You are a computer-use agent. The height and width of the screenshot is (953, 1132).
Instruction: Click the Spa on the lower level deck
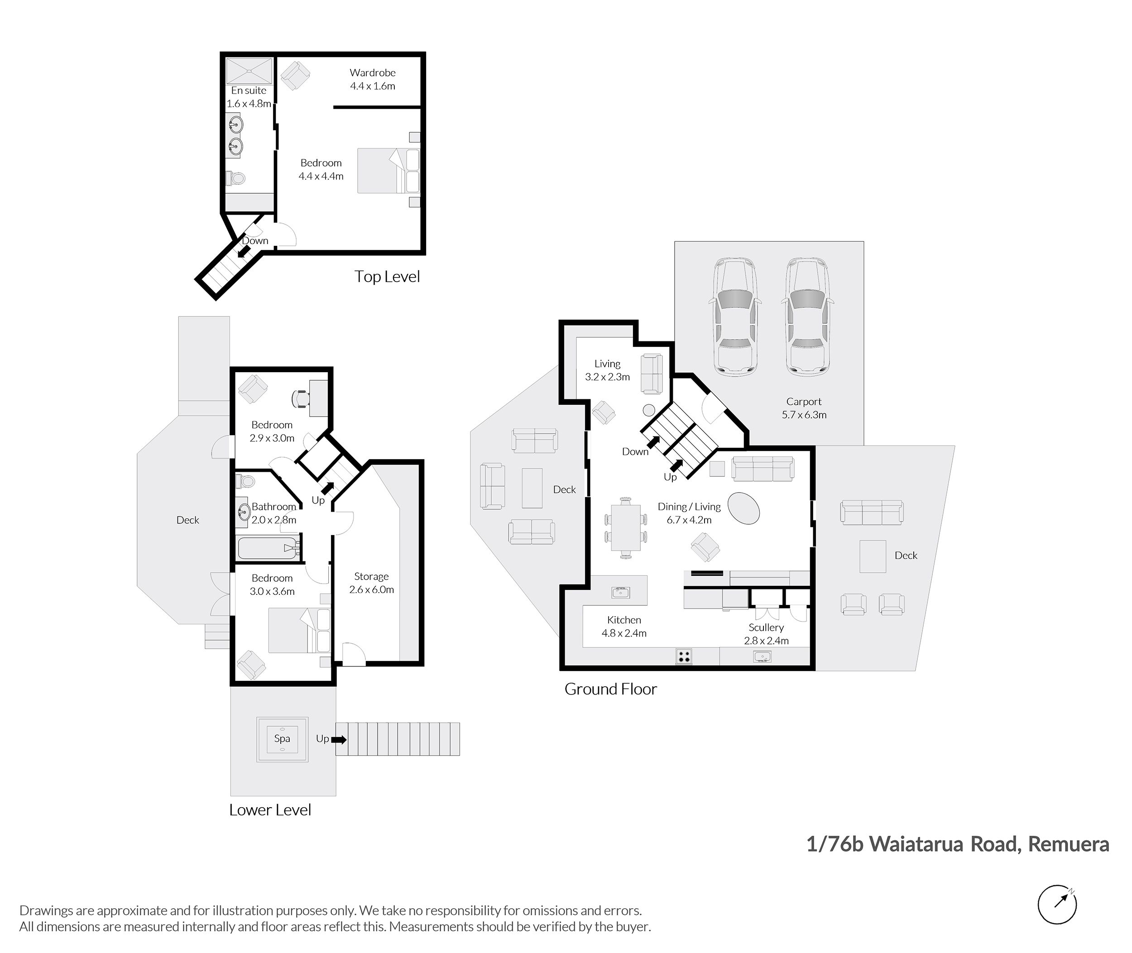[282, 739]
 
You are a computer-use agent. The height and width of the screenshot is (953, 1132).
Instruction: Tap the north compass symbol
[1057, 905]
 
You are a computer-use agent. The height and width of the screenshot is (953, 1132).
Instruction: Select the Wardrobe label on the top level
[372, 72]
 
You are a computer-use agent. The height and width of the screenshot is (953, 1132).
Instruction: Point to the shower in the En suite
[249, 71]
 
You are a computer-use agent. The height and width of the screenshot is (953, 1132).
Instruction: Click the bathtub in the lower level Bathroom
[268, 548]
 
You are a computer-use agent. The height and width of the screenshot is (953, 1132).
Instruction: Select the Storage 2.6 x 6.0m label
[371, 583]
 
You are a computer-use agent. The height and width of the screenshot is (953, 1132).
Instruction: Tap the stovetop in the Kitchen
[684, 656]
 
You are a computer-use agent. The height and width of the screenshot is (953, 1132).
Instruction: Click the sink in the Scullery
[763, 657]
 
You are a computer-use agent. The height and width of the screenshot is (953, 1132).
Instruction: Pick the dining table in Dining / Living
[626, 527]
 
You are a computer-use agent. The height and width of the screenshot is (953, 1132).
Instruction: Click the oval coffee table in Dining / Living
[743, 508]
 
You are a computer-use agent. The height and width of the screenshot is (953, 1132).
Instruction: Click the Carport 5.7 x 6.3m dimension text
[804, 415]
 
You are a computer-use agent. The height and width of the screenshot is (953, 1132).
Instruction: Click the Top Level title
[387, 277]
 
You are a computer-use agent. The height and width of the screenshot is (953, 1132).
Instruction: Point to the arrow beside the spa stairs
[339, 739]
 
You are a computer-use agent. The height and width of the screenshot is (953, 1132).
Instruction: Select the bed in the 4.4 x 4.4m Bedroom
[389, 171]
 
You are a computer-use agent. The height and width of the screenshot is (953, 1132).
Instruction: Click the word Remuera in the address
[1068, 844]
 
